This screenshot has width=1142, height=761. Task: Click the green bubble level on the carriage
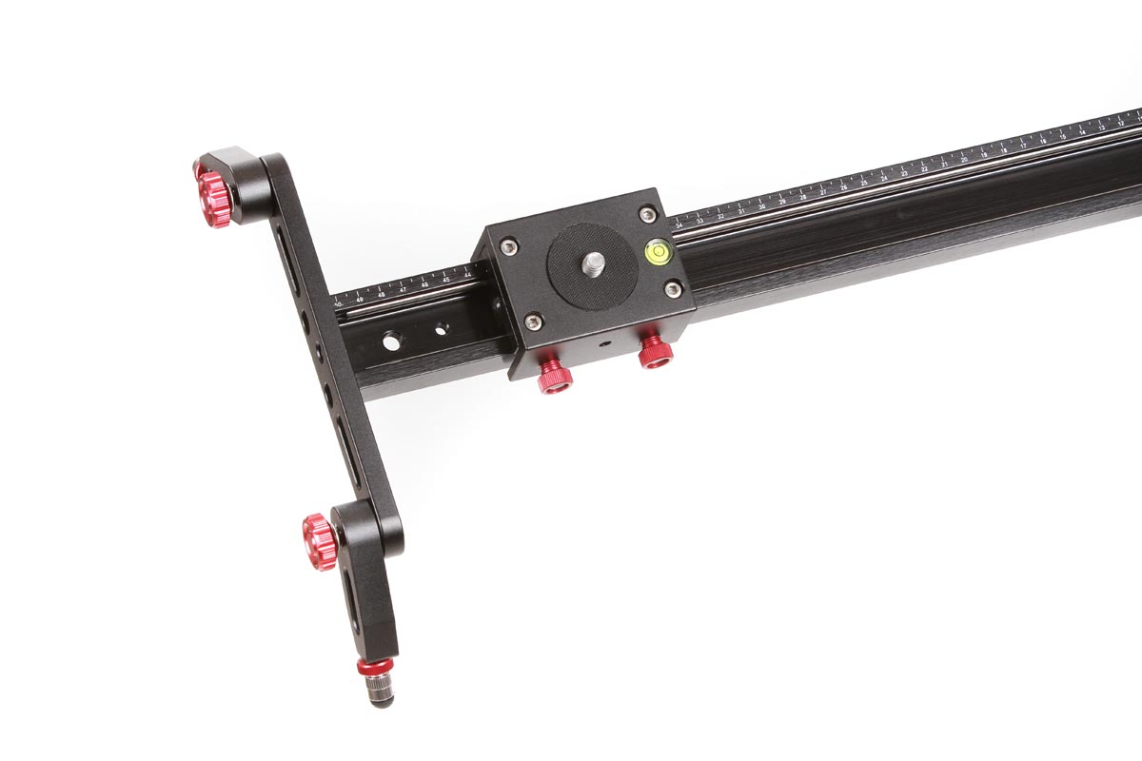(x=657, y=251)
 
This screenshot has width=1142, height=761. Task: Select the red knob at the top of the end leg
(x=215, y=199)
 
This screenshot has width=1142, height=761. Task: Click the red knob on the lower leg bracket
(x=321, y=540)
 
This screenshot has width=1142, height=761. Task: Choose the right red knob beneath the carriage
(x=655, y=349)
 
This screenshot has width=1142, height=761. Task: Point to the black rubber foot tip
(x=382, y=699)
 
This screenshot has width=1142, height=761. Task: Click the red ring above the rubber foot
(x=376, y=665)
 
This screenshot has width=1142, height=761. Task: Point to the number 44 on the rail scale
(x=467, y=275)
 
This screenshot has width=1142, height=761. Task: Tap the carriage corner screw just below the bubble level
(x=673, y=288)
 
